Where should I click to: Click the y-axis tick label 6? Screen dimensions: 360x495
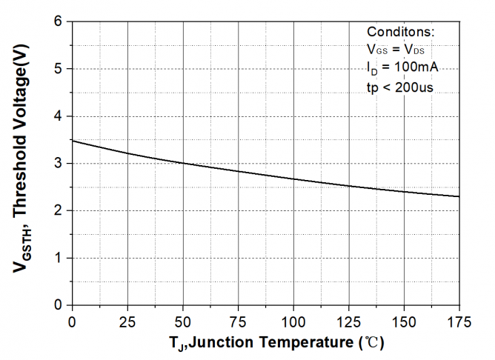pos(59,21)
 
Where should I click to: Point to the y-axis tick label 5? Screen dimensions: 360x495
pos(59,69)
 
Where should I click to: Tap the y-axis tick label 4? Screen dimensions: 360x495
pos(59,116)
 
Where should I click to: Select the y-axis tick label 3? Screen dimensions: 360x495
pos(59,164)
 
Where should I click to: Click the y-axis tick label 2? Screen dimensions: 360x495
pos(59,211)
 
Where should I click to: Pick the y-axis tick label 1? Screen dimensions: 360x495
pos(59,259)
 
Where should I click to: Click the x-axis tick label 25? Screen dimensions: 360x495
pos(127,322)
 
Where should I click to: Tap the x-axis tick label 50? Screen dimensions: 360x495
pos(183,322)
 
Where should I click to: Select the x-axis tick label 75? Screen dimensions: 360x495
pos(239,322)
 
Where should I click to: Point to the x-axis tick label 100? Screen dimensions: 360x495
pos(293,322)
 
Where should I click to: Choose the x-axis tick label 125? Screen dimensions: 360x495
pos(349,322)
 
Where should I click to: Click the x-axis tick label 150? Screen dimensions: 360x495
pos(405,322)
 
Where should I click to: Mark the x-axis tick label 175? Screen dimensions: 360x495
pos(459,322)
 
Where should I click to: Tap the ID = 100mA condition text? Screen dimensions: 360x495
pos(402,68)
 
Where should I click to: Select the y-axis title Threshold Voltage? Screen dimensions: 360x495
pos(21,152)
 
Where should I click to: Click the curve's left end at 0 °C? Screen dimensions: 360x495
pos(73,141)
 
